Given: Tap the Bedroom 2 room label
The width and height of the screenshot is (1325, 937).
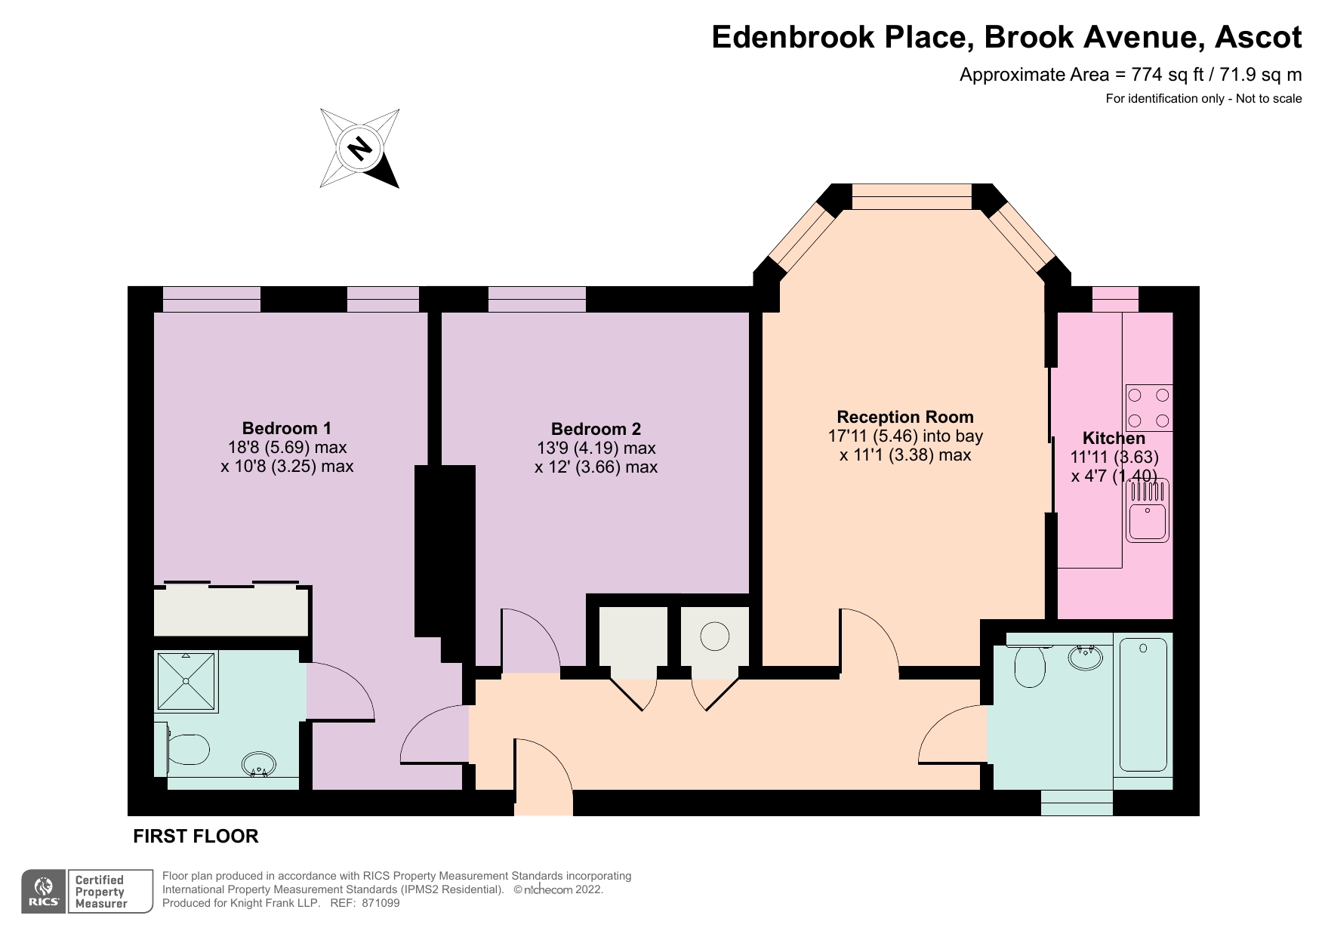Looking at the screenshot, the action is click(596, 429).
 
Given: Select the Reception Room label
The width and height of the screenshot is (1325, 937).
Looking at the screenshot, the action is click(905, 417).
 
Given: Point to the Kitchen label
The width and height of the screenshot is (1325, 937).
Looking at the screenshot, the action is click(1114, 438).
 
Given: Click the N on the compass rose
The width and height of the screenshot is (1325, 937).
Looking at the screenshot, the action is click(360, 148).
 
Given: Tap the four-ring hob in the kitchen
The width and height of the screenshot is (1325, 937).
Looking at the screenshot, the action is click(1148, 408).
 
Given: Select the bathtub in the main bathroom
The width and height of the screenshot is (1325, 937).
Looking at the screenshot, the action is click(1143, 704).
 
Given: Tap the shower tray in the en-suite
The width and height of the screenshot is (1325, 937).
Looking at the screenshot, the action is click(186, 682).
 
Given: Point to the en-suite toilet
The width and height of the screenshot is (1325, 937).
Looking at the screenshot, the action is click(182, 750).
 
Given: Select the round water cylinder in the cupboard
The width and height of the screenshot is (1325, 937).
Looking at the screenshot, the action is click(714, 636).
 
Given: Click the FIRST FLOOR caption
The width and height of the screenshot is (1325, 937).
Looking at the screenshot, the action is click(196, 836).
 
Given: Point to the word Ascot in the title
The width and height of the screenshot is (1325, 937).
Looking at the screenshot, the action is click(1256, 37).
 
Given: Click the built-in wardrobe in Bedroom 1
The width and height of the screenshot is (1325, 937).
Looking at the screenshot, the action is click(231, 610).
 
